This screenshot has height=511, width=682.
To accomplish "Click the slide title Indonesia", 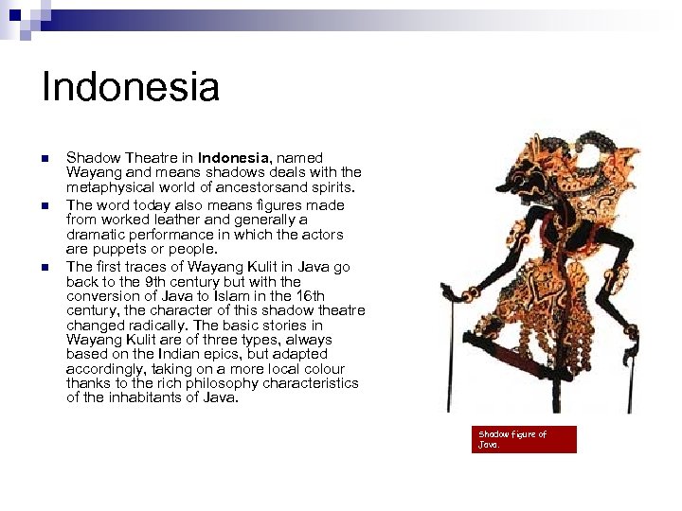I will [131, 87].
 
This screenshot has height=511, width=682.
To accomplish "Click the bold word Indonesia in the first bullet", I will [235, 158].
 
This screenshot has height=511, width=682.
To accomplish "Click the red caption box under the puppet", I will [524, 439].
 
